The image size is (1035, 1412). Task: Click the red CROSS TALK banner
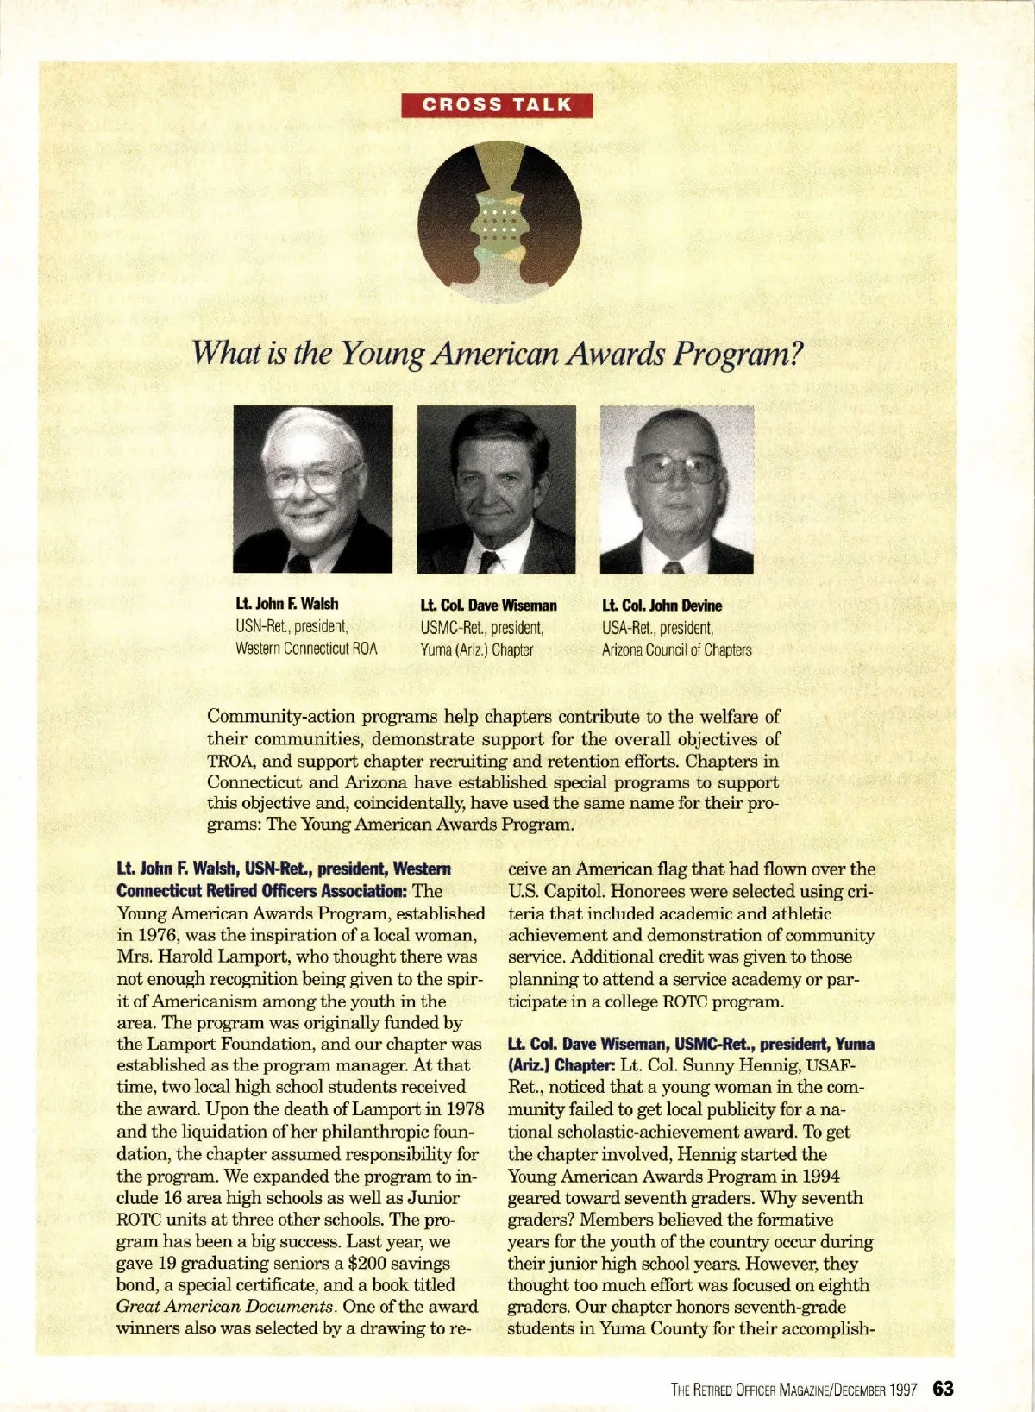497,105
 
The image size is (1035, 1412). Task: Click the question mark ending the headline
795,353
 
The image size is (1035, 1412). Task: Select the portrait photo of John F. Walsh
312,488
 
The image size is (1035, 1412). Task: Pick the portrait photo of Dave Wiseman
496,489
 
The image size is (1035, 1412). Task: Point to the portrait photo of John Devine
677,489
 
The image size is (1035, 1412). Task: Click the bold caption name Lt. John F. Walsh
287,604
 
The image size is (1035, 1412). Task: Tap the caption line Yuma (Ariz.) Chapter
476,650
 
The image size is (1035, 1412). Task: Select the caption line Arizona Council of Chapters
676,650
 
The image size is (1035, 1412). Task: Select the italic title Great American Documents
224,1307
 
